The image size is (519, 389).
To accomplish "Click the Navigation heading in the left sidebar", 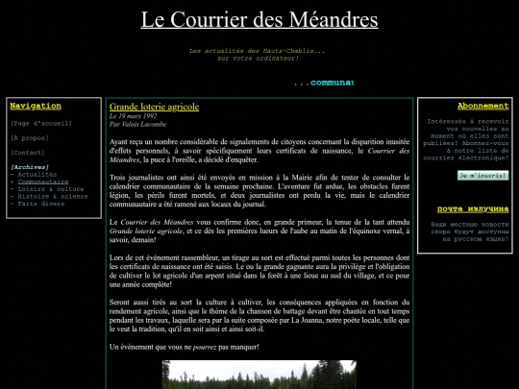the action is (x=35, y=106).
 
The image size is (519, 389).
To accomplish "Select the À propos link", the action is (x=29, y=137).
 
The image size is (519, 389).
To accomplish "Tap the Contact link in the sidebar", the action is (x=28, y=152).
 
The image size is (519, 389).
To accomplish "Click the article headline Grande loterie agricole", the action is (x=154, y=106).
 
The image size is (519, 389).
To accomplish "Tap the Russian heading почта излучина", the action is (x=472, y=208).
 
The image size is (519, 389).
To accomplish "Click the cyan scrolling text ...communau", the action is (x=323, y=83).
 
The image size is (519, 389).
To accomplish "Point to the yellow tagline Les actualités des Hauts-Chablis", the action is (x=258, y=50).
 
